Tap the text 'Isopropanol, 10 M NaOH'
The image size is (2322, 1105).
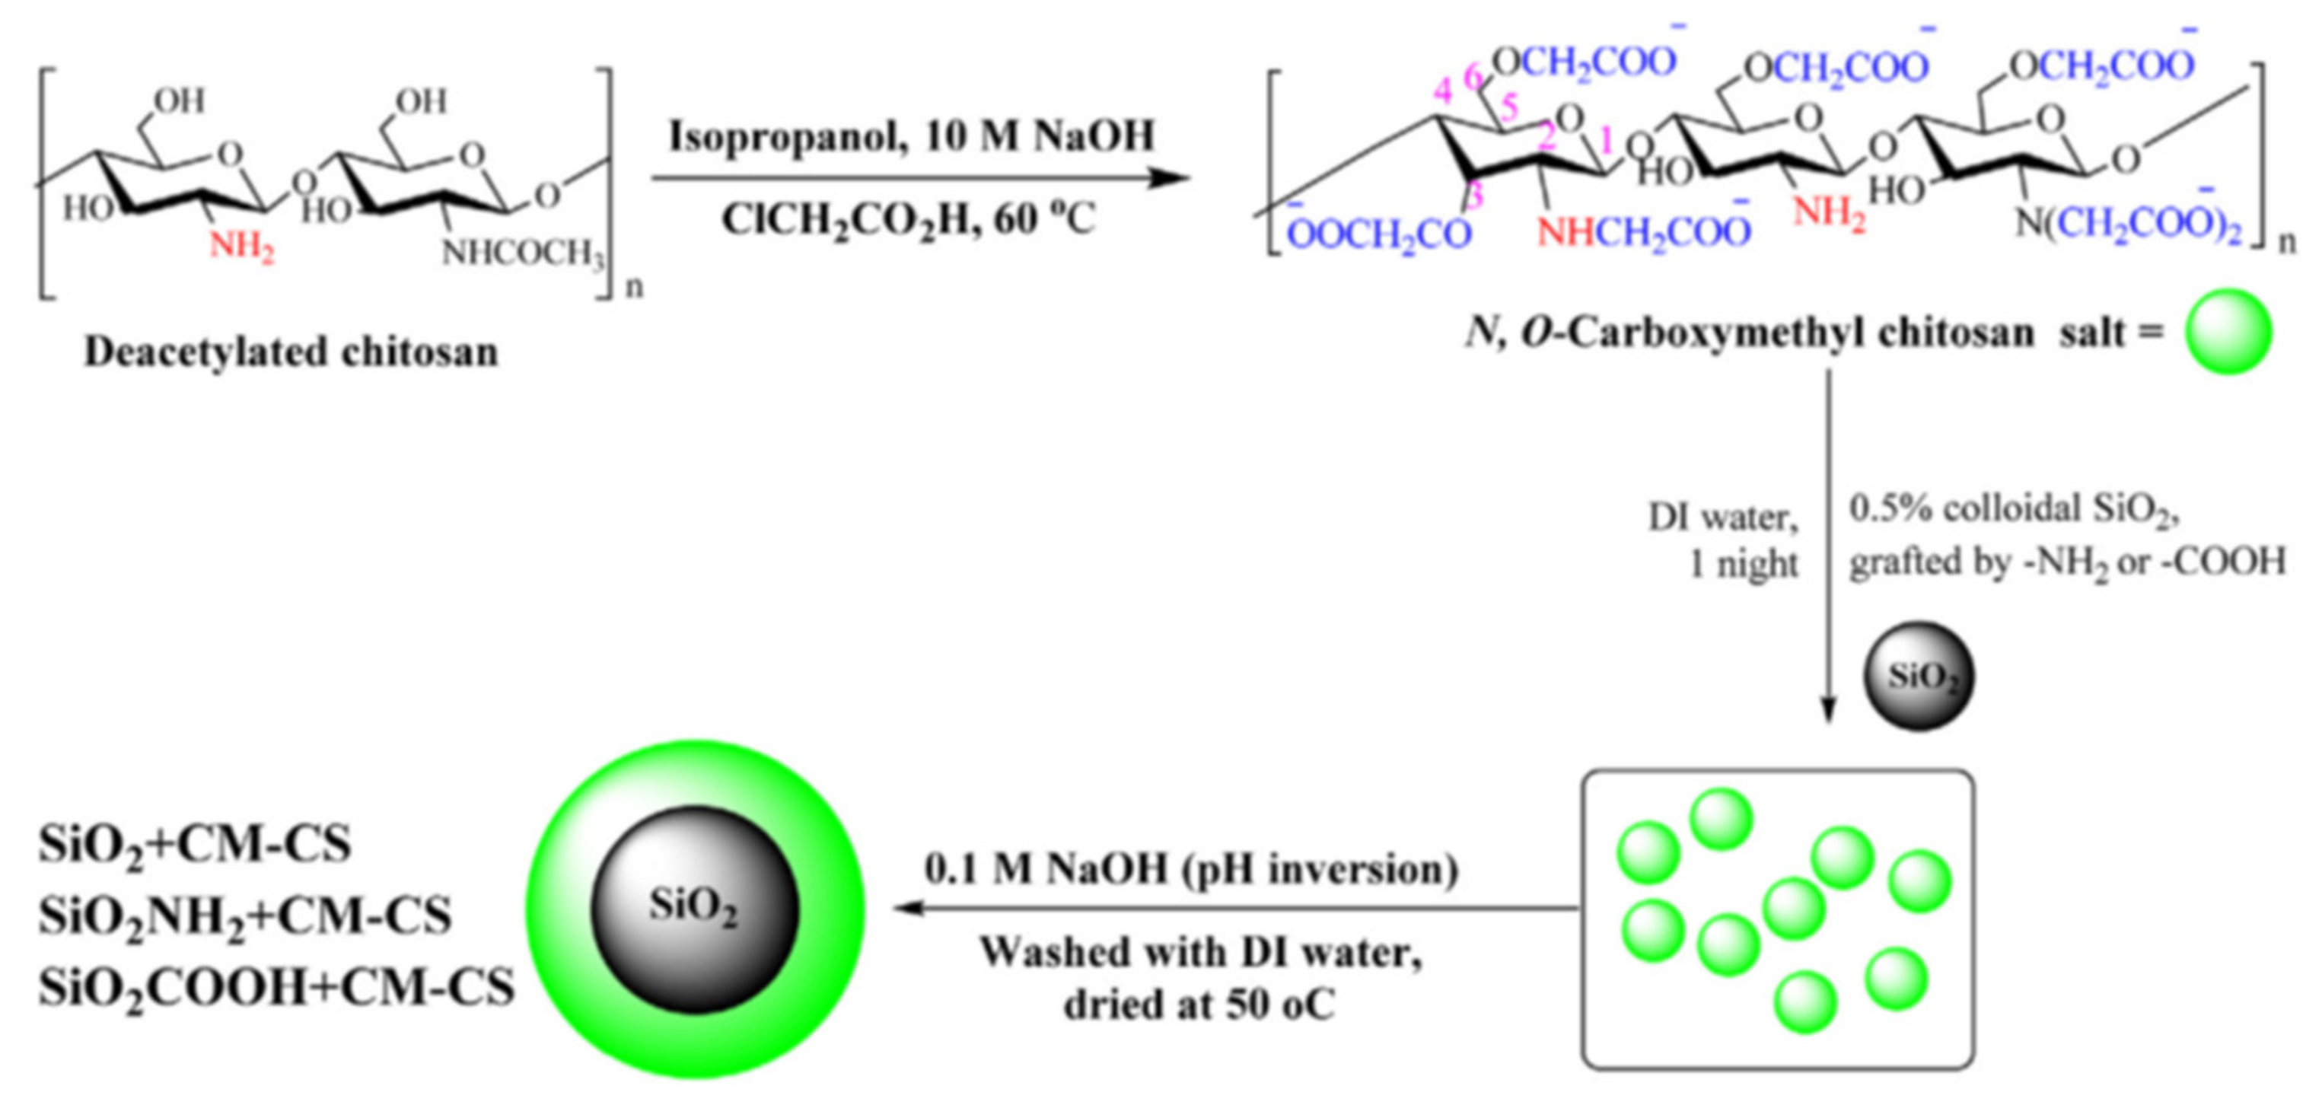(911, 136)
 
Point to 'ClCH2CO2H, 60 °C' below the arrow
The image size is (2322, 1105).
(908, 219)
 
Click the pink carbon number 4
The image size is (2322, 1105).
(1443, 91)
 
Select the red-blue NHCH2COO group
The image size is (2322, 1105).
(1643, 233)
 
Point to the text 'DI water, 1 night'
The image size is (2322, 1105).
(1722, 540)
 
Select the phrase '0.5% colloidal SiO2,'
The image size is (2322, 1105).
(2014, 509)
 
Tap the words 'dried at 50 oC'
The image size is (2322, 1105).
(1199, 1004)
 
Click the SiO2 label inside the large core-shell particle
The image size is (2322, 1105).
(693, 906)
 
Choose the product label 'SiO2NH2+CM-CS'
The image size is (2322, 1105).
(244, 916)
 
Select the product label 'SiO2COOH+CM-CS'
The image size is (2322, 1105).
(276, 988)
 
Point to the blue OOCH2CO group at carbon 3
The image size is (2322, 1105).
(1378, 234)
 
